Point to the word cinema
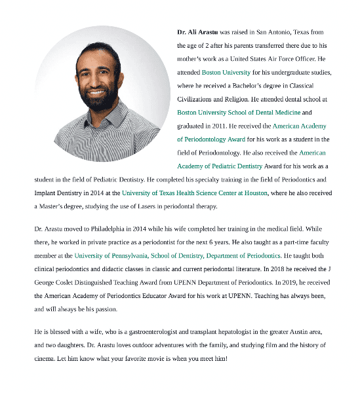pyautogui.click(x=45, y=359)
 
